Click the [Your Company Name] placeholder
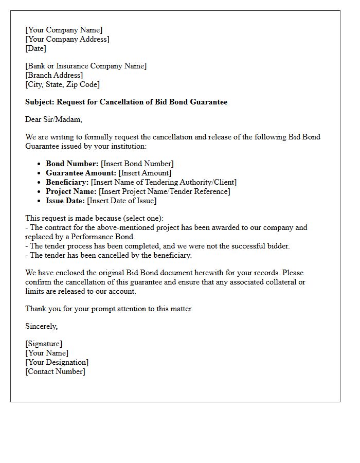coord(64,30)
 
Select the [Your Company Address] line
coord(67,39)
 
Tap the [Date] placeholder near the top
coord(35,48)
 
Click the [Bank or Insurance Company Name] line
coord(86,66)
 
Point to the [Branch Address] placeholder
coord(54,75)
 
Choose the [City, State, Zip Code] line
coord(62,84)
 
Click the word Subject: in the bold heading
coord(40,102)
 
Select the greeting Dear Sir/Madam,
coord(53,119)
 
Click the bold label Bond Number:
coord(72,164)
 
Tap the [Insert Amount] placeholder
coord(145,173)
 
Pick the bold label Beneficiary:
coord(67,182)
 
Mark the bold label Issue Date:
coord(65,201)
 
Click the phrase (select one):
coord(143,218)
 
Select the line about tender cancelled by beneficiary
coord(109,255)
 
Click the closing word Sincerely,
coord(42,326)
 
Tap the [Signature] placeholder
coord(44,344)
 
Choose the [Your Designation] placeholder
coord(57,362)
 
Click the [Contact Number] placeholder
coord(55,371)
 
